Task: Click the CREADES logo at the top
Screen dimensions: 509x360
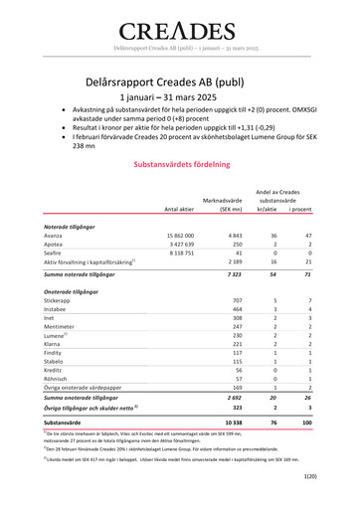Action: tap(179, 30)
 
